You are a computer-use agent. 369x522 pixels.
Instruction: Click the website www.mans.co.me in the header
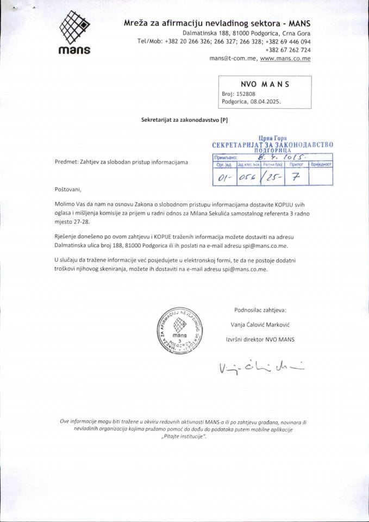click(x=285, y=58)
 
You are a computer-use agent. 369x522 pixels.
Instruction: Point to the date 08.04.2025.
click(x=266, y=101)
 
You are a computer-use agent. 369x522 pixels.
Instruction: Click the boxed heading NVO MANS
click(x=265, y=84)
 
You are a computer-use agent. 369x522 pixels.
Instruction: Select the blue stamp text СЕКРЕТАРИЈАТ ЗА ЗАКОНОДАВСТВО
click(x=272, y=145)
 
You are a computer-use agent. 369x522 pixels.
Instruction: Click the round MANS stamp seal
click(x=179, y=332)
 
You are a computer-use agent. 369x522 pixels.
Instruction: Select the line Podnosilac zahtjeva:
click(x=260, y=310)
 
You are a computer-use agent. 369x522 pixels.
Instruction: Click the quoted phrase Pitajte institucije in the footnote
click(x=184, y=438)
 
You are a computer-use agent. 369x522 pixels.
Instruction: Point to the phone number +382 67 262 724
click(x=288, y=49)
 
